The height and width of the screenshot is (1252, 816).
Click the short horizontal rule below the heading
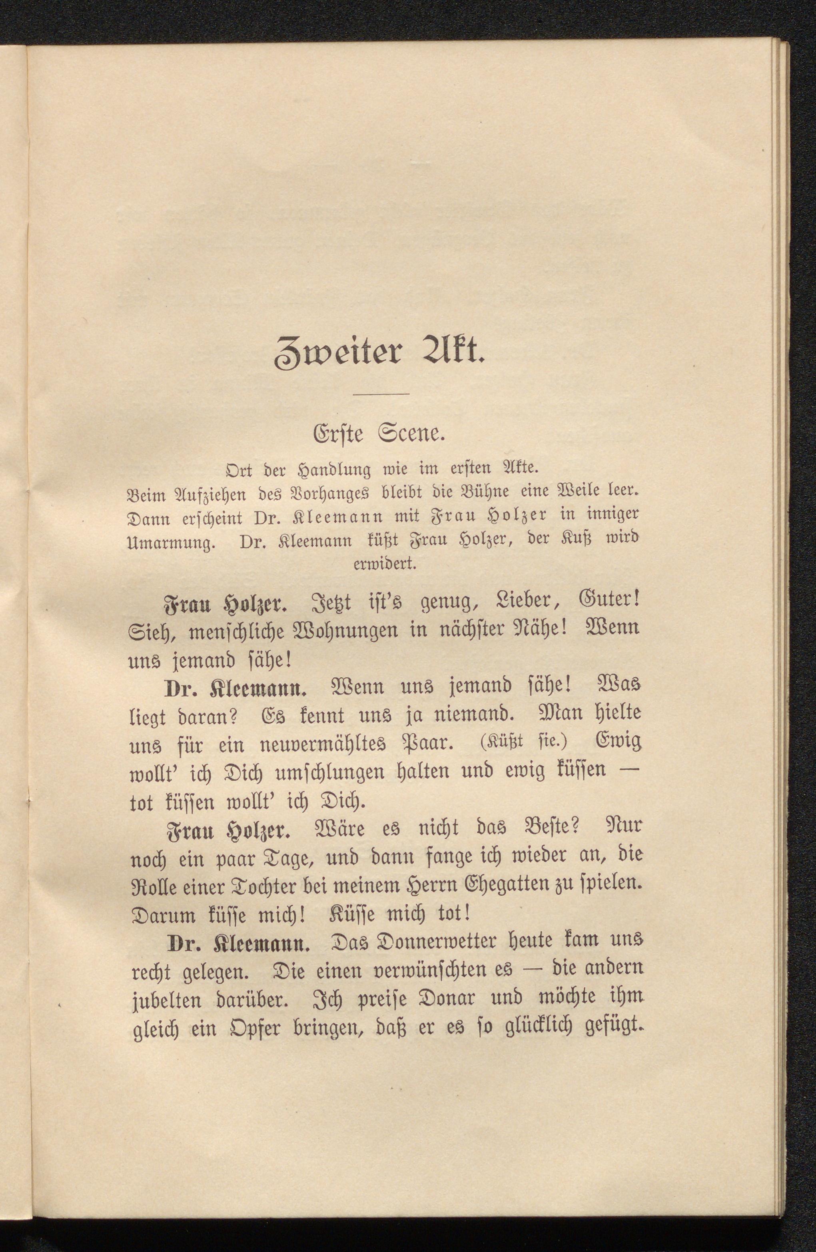click(x=381, y=394)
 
